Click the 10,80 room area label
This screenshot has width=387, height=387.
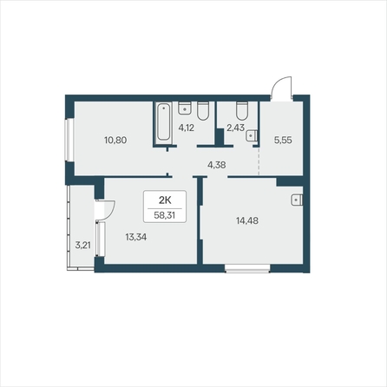115,141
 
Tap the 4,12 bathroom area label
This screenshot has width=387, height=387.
186,128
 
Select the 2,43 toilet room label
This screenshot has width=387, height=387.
235,128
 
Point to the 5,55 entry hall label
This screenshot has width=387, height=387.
283,141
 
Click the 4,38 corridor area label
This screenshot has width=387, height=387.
217,165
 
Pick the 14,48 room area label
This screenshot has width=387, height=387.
247,221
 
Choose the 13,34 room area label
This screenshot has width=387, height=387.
136,237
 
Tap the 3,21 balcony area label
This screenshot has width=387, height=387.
82,246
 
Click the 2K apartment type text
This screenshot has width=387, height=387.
165,200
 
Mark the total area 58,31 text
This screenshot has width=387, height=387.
165,215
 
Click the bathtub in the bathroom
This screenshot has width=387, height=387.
163,122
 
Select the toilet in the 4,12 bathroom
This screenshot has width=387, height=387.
203,110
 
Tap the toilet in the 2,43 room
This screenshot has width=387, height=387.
242,110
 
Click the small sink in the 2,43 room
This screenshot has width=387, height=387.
252,135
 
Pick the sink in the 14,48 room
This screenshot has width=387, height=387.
297,200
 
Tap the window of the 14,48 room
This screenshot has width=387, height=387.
247,269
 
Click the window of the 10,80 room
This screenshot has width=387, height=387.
69,140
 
